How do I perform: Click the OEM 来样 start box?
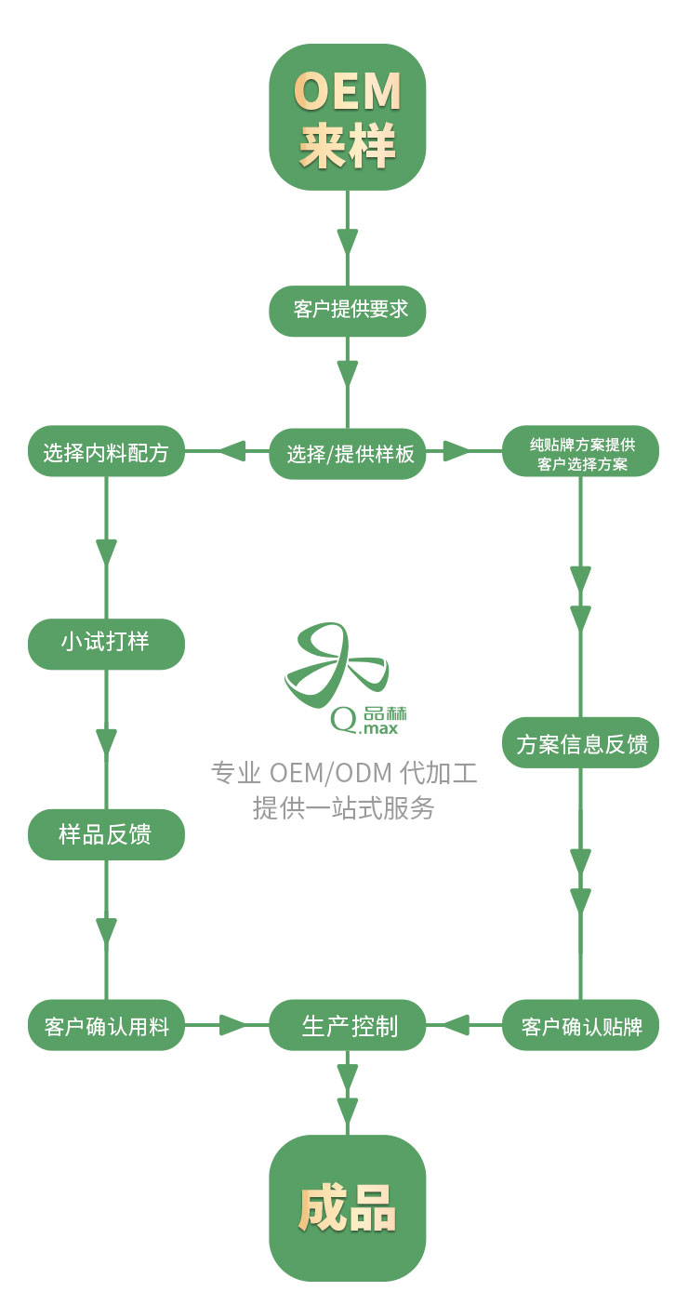pyautogui.click(x=347, y=117)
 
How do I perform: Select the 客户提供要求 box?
pyautogui.click(x=347, y=310)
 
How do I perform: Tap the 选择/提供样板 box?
pyautogui.click(x=347, y=454)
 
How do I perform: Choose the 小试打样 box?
pyautogui.click(x=106, y=643)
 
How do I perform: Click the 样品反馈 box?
pyautogui.click(x=106, y=834)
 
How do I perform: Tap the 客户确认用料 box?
pyautogui.click(x=106, y=1025)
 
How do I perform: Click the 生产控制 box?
pyautogui.click(x=347, y=1026)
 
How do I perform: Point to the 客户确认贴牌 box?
pyautogui.click(x=581, y=1026)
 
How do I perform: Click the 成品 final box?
pyautogui.click(x=347, y=1208)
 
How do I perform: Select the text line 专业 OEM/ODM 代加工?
pyautogui.click(x=344, y=773)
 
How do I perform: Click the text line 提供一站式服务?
pyautogui.click(x=344, y=807)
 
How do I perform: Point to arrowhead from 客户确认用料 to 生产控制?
pyautogui.click(x=232, y=1026)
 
